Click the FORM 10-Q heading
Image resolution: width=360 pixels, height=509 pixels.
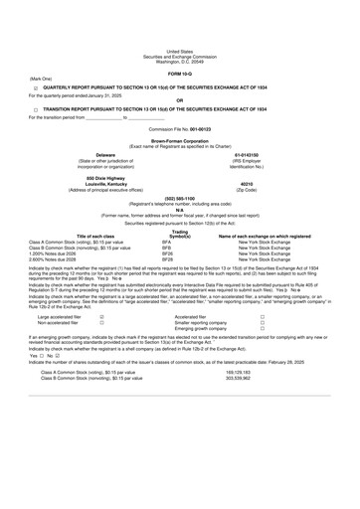(180, 47)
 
